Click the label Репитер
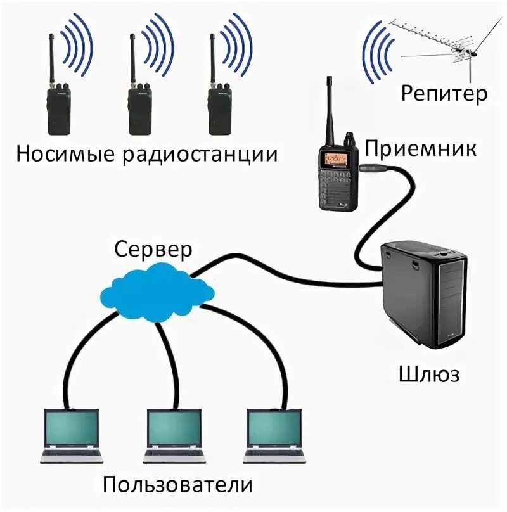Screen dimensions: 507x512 (444, 94)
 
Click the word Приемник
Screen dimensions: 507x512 (420, 150)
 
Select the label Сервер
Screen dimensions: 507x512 (153, 249)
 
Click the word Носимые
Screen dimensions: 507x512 (65, 154)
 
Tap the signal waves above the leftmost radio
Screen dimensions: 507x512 (77, 44)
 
